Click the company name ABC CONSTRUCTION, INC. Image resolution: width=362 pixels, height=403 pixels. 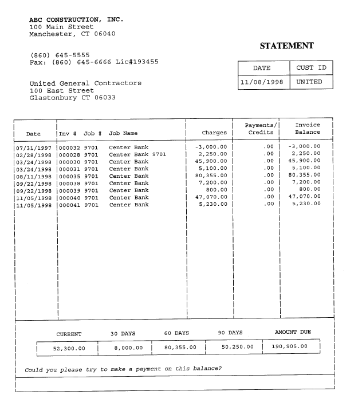(x=76, y=20)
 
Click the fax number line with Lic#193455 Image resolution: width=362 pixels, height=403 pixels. (x=94, y=62)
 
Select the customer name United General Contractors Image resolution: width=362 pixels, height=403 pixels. (x=85, y=83)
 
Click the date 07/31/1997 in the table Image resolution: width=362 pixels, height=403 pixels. (x=33, y=147)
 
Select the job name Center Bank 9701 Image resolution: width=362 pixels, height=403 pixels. (x=137, y=154)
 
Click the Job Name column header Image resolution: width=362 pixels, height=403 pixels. (x=123, y=133)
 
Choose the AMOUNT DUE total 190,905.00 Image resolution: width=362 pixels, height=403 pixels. (x=290, y=346)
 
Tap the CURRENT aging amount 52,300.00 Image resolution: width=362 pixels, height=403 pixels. (x=68, y=347)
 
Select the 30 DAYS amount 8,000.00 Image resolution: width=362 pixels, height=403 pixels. (x=125, y=347)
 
